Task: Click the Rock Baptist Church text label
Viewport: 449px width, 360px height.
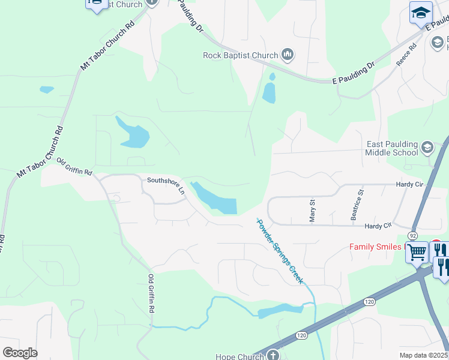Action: click(240, 56)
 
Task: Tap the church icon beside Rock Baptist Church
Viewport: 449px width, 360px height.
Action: click(288, 56)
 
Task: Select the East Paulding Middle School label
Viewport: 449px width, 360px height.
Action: click(393, 148)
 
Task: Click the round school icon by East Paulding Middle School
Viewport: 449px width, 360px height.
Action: click(427, 148)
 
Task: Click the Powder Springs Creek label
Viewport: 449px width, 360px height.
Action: click(280, 251)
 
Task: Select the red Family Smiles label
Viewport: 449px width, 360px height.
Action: click(378, 247)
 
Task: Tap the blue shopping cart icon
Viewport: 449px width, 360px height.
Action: click(417, 252)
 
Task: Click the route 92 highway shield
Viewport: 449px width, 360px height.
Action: click(413, 236)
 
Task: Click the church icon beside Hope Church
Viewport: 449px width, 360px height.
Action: click(274, 355)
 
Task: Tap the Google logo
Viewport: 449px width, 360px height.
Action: click(20, 353)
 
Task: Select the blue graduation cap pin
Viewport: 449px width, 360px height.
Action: click(421, 13)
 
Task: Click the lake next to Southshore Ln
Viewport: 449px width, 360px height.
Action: click(216, 199)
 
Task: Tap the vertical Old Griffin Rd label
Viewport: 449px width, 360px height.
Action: click(152, 294)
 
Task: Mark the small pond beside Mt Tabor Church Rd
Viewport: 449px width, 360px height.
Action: click(46, 90)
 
